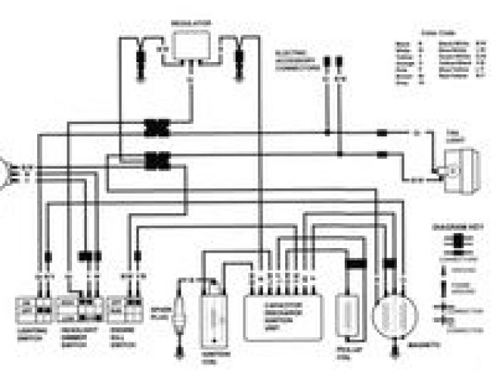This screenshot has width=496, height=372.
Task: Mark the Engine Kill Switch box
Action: point(128,308)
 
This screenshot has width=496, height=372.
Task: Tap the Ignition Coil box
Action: point(212,318)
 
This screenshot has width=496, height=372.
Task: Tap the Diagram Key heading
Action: point(451,229)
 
